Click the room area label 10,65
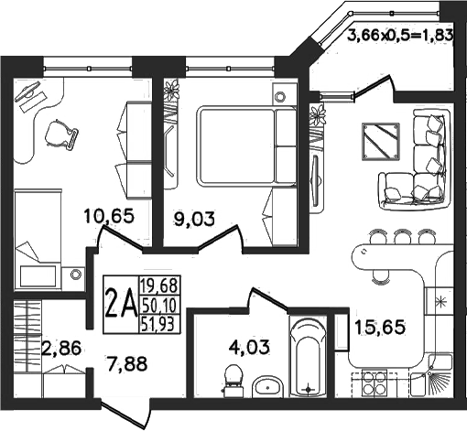point(109,216)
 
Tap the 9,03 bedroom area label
point(194,219)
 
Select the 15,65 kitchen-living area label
point(380,327)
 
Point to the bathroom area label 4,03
point(249,347)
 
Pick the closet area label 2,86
point(61,348)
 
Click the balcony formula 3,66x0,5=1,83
point(400,36)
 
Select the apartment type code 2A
point(121,304)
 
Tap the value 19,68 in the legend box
point(158,286)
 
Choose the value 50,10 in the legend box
point(158,305)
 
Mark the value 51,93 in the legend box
point(158,324)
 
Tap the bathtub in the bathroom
point(308,357)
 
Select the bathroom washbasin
point(267,387)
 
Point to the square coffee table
point(381,141)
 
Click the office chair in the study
point(61,135)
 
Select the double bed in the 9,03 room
point(247,145)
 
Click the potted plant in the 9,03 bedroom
point(172,90)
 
